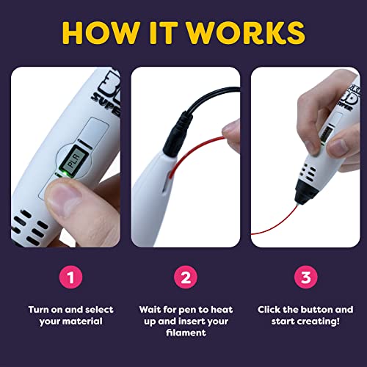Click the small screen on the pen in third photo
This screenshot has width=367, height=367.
[321, 137]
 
